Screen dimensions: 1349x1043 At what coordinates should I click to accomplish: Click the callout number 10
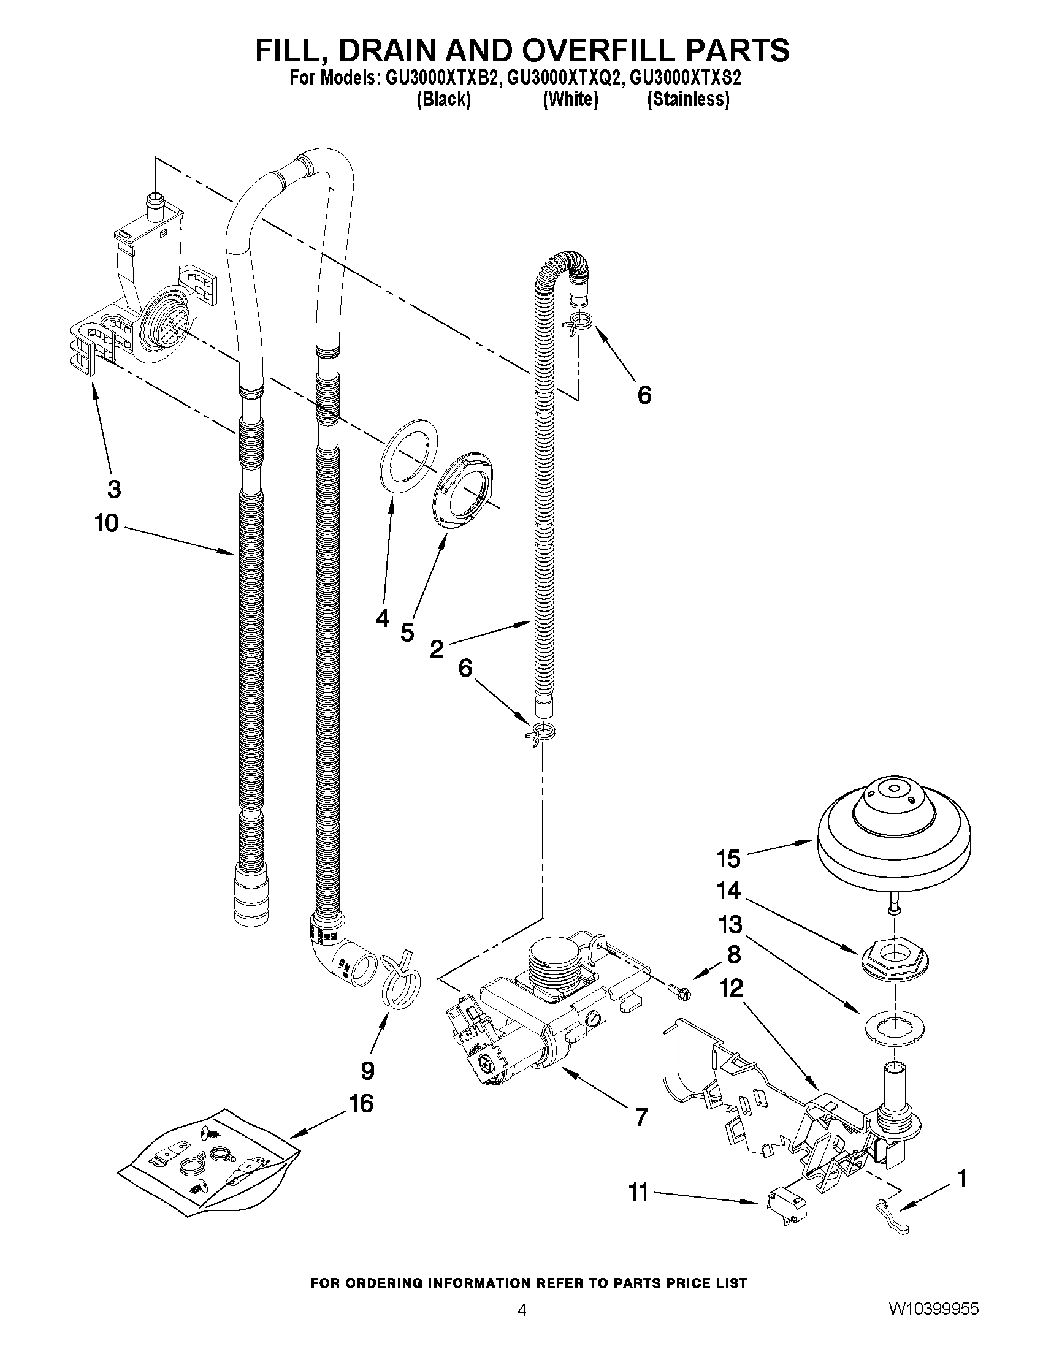point(106,523)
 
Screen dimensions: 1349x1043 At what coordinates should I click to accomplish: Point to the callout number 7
point(641,1117)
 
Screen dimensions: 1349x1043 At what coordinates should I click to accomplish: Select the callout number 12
point(731,987)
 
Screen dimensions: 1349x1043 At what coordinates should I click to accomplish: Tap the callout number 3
point(113,489)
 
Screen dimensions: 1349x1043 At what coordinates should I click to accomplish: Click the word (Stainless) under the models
point(688,99)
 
